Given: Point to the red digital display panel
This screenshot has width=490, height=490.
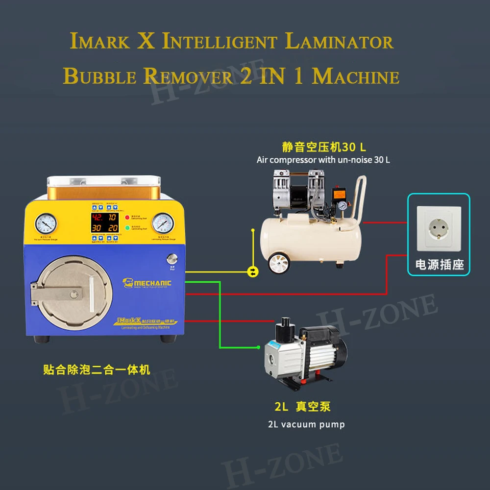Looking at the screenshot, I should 103,223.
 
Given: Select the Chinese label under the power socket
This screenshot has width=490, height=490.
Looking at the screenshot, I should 439,265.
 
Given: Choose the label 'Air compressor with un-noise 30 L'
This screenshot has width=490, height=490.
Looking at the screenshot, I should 323,160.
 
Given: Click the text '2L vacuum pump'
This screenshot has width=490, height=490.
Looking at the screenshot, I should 306,424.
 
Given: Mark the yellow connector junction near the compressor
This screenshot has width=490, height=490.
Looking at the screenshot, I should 253,270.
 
